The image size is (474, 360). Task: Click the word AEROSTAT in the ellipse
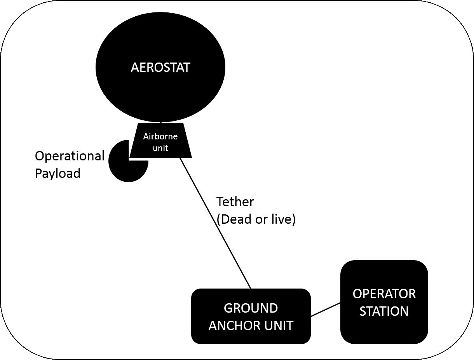click(x=160, y=67)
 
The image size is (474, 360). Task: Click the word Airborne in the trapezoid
click(x=160, y=136)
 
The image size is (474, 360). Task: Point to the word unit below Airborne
click(x=160, y=148)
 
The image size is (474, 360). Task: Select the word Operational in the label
click(x=70, y=156)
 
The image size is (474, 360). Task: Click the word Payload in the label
click(x=58, y=173)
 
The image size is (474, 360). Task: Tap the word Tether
click(x=235, y=202)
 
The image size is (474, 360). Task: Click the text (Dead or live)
click(x=256, y=219)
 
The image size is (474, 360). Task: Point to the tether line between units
click(x=216, y=224)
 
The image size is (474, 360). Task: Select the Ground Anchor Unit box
click(x=251, y=334)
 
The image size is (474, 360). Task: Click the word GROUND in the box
click(x=251, y=308)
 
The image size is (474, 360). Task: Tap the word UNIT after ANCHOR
click(x=277, y=325)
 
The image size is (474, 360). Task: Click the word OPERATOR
click(x=384, y=294)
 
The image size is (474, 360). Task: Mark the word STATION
click(x=384, y=311)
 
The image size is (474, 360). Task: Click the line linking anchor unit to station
click(x=326, y=310)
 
